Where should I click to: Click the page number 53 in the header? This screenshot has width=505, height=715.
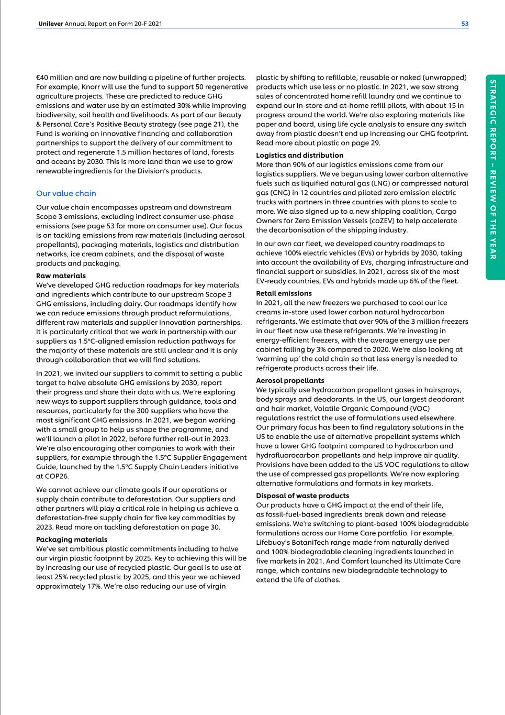coord(465,24)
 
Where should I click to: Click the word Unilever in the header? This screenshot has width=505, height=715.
coord(50,24)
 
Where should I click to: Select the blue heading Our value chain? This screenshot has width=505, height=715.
coord(66,193)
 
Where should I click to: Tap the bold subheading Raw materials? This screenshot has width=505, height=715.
coord(61,276)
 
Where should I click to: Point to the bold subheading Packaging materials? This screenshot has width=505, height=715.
coord(72,540)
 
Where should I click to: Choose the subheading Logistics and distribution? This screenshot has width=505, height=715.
coord(299,155)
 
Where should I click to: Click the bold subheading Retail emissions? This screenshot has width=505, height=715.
coord(284,293)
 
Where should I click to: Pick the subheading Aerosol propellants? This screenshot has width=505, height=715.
coord(290,380)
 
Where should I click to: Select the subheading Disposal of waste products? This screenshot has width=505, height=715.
coord(302,496)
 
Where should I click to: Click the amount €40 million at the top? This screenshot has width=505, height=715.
coord(55,78)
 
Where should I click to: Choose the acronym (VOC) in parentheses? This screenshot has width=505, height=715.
coord(419,409)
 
